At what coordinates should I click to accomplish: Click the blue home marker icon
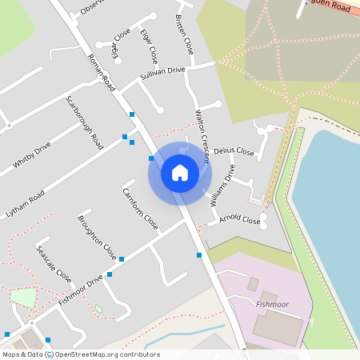click(x=180, y=172)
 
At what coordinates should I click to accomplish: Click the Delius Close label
click(x=234, y=150)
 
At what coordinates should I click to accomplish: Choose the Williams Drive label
click(x=223, y=185)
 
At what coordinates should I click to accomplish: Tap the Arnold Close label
click(x=239, y=218)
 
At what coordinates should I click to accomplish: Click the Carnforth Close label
click(x=139, y=208)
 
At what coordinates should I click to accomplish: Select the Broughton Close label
click(x=97, y=237)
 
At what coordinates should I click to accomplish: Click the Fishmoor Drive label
click(x=81, y=290)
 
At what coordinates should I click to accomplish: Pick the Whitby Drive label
click(x=32, y=155)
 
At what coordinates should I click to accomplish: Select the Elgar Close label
click(x=148, y=48)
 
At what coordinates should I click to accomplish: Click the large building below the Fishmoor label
click(x=276, y=327)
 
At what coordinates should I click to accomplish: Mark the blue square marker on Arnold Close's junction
click(x=199, y=255)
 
